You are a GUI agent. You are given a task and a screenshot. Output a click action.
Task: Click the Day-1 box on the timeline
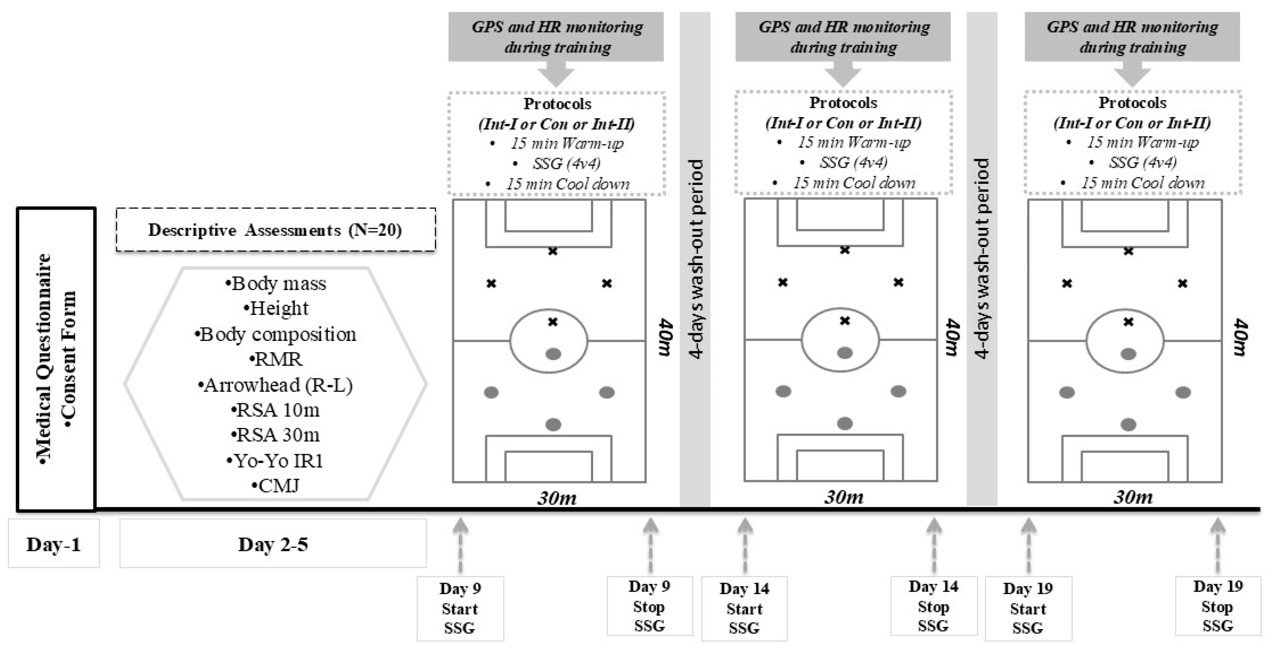[54, 544]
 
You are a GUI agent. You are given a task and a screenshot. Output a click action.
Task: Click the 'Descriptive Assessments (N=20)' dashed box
[276, 230]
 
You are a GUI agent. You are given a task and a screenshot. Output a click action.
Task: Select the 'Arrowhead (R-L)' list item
[276, 385]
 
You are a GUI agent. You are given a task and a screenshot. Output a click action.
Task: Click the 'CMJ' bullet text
[276, 486]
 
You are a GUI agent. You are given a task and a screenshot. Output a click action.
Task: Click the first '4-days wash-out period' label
[695, 258]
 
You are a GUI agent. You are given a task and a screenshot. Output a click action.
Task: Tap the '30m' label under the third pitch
[1133, 496]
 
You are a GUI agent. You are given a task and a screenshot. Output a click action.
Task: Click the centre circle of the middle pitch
[840, 340]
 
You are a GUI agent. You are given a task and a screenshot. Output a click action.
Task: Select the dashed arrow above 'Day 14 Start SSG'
[745, 544]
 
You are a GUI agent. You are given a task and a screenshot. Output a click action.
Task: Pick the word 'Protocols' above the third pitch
[1132, 103]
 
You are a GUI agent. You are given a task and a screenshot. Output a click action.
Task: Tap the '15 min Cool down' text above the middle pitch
[854, 183]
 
